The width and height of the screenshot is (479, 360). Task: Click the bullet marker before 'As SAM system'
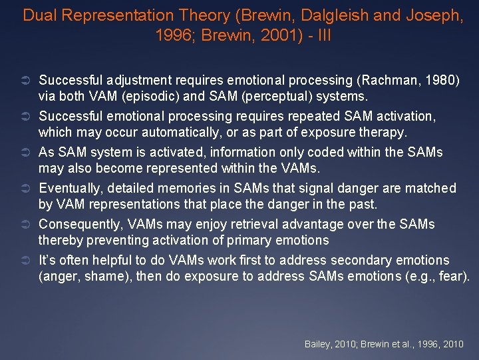tap(29, 153)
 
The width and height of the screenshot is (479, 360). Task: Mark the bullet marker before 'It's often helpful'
tap(29, 261)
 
